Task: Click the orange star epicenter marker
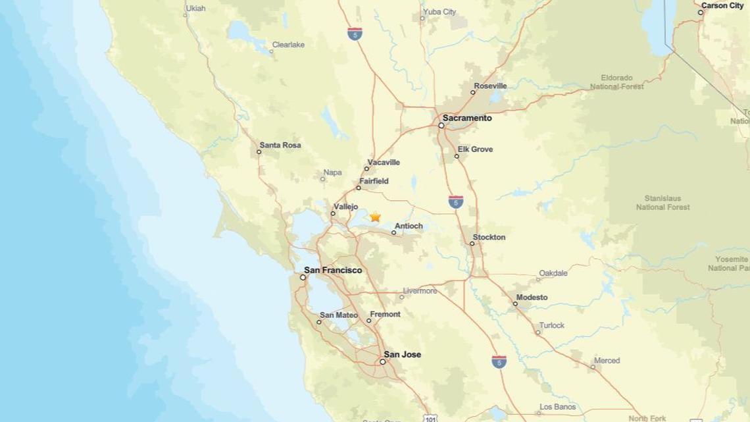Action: [375, 217]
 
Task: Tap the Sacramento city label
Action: [466, 119]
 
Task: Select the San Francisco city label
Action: [333, 271]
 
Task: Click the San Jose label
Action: [402, 355]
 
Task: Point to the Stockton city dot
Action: [472, 244]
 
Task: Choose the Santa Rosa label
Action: [280, 145]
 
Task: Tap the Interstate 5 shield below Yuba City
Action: [355, 34]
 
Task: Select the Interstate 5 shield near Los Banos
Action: [499, 361]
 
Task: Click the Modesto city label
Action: [532, 298]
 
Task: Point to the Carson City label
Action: [722, 6]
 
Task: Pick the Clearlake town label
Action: [288, 45]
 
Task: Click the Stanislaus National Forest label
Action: [662, 203]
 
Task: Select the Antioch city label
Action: [409, 226]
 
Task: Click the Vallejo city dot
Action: [333, 213]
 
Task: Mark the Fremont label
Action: [385, 315]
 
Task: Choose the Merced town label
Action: [607, 361]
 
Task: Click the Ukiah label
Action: [196, 9]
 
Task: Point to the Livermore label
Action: [420, 291]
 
